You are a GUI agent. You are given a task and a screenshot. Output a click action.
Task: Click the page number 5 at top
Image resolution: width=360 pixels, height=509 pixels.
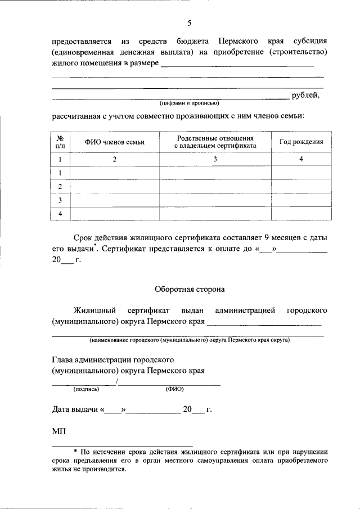190,23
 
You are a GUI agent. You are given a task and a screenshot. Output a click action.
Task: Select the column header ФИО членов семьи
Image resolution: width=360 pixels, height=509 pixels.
115,142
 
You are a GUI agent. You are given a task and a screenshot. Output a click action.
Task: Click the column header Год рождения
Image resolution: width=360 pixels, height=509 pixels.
301,142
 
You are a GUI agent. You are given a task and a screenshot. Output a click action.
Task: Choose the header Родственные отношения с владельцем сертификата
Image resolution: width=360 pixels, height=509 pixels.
215,142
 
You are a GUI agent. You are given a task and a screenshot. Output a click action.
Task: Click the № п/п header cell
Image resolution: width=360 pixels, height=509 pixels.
60,142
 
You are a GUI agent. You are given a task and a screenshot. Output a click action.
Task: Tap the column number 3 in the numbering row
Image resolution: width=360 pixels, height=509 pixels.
215,160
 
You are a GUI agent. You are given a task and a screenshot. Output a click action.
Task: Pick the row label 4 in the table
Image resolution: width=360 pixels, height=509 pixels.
60,214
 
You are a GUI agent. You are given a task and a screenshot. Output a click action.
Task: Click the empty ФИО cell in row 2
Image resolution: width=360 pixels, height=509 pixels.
115,187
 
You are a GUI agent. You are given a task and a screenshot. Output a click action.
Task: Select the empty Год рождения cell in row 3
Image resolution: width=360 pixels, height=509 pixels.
301,200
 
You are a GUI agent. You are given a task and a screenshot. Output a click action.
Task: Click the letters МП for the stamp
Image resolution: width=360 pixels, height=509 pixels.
58,431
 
